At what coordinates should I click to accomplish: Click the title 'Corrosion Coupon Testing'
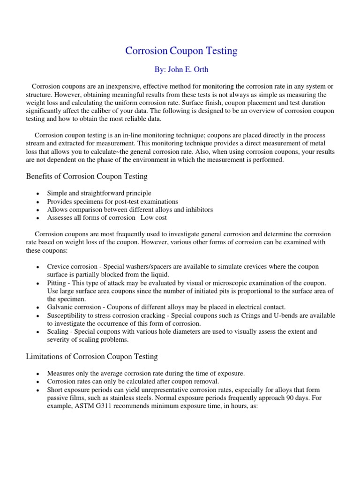point(181,51)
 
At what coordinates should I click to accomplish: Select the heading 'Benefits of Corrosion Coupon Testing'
point(86,176)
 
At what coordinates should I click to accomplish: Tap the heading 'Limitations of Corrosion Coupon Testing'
point(91,357)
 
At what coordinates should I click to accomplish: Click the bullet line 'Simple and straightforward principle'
point(99,193)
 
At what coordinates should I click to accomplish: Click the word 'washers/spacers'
point(151,267)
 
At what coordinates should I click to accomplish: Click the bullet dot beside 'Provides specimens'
point(37,202)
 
